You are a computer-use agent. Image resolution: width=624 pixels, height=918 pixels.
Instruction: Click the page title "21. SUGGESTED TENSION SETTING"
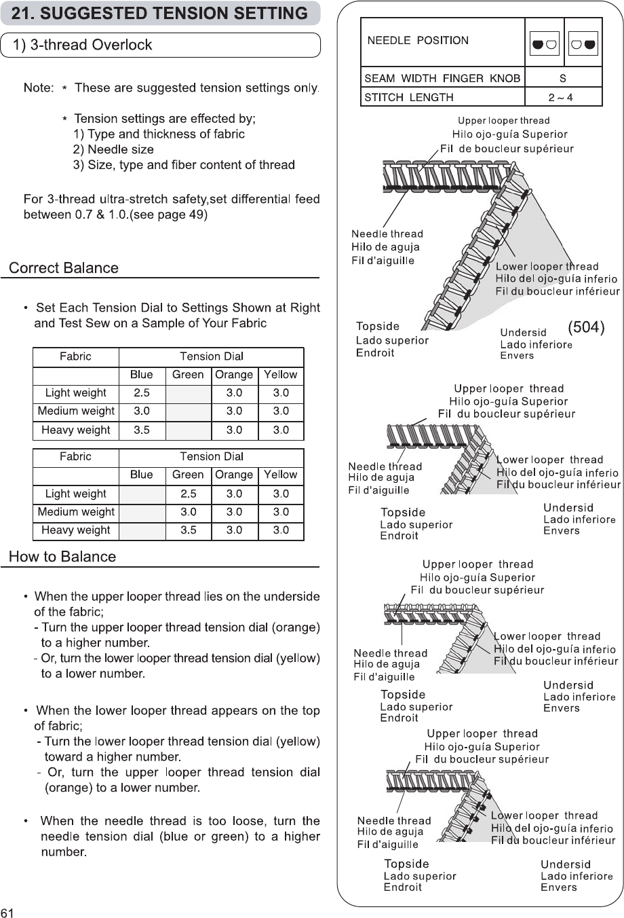pyautogui.click(x=159, y=13)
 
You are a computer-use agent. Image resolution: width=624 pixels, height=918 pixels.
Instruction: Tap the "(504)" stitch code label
pyautogui.click(x=585, y=327)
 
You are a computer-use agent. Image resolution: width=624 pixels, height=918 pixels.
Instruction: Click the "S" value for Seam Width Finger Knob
pyautogui.click(x=563, y=78)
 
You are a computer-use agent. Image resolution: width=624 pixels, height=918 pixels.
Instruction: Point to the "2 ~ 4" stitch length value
pyautogui.click(x=560, y=97)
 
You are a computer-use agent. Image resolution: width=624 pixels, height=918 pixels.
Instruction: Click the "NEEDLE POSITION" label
pyautogui.click(x=418, y=41)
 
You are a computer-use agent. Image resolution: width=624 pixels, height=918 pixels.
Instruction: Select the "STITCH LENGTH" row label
pyautogui.click(x=409, y=97)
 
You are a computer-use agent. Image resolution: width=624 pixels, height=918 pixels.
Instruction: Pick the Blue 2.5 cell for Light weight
pyautogui.click(x=142, y=392)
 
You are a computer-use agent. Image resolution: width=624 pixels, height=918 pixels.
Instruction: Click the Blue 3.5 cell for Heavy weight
pyautogui.click(x=142, y=430)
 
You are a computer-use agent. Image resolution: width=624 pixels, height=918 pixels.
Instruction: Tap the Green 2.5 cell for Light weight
pyautogui.click(x=188, y=494)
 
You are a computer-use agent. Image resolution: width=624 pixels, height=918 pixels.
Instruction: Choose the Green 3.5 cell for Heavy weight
pyautogui.click(x=188, y=530)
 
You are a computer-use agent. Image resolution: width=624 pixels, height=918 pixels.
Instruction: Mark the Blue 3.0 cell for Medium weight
pyautogui.click(x=142, y=411)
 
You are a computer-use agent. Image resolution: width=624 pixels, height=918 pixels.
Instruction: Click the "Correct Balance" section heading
pyautogui.click(x=64, y=268)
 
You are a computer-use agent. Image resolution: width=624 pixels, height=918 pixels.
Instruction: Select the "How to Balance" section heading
pyautogui.click(x=62, y=557)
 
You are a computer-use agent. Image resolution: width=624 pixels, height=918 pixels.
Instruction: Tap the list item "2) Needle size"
pyautogui.click(x=113, y=149)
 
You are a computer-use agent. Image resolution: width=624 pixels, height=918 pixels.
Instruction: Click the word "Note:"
pyautogui.click(x=39, y=88)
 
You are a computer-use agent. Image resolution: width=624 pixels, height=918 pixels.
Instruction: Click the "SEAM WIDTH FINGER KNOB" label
pyautogui.click(x=442, y=78)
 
